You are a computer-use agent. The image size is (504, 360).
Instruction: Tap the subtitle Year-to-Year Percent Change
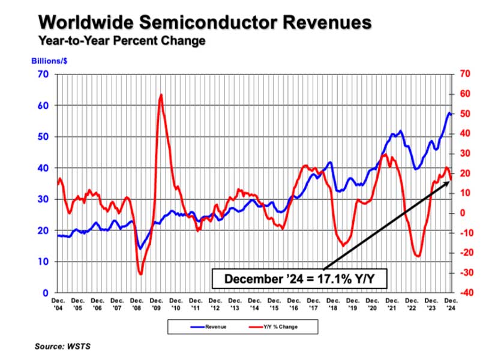pyautogui.click(x=122, y=41)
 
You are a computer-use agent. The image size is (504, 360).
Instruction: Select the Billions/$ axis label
pyautogui.click(x=49, y=61)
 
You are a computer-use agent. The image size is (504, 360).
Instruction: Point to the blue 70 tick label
pyautogui.click(x=43, y=74)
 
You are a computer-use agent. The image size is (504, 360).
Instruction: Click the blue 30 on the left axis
pyautogui.click(x=43, y=199)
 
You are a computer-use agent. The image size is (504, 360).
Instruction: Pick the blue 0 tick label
pyautogui.click(x=46, y=293)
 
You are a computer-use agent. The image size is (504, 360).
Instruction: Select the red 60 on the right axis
pyautogui.click(x=465, y=94)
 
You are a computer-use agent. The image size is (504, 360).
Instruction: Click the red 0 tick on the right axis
pyautogui.click(x=462, y=213)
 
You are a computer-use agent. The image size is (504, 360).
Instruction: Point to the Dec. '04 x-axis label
pyautogui.click(x=58, y=304)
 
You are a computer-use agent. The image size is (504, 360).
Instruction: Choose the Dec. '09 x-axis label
pyautogui.click(x=156, y=304)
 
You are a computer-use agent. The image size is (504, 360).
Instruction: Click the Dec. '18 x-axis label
pyautogui.click(x=333, y=304)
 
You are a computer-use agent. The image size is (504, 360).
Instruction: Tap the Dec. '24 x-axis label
pyautogui.click(x=451, y=304)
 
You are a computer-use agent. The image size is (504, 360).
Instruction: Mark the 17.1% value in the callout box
pyautogui.click(x=334, y=278)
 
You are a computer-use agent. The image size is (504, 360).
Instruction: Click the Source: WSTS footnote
pyautogui.click(x=62, y=347)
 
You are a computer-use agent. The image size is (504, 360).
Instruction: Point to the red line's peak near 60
pyautogui.click(x=161, y=95)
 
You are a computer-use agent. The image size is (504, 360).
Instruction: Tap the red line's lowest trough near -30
pyautogui.click(x=140, y=274)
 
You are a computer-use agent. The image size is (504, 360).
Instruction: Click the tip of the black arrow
pyautogui.click(x=449, y=182)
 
